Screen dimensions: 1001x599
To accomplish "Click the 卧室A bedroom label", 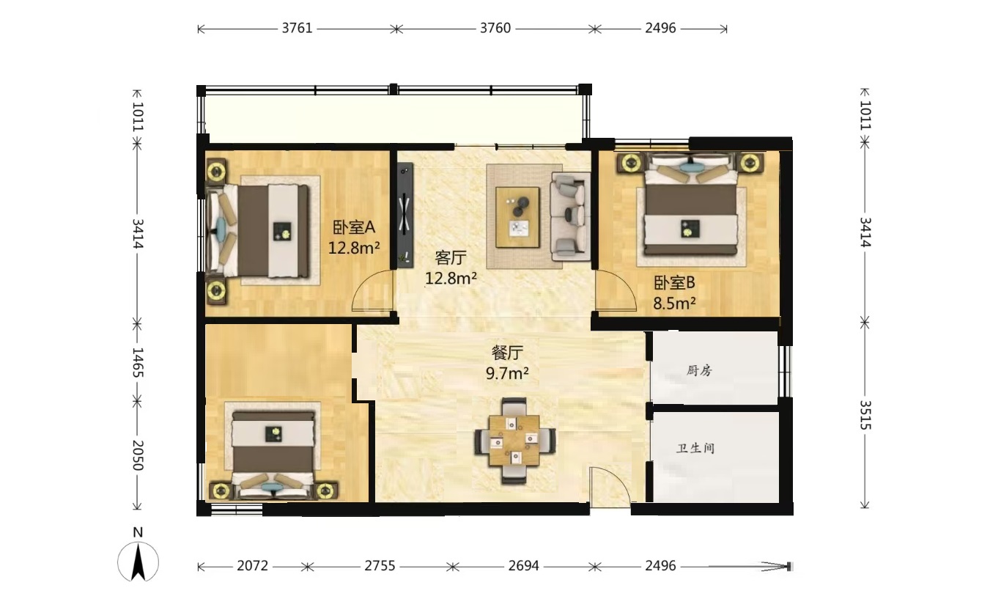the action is [354, 227].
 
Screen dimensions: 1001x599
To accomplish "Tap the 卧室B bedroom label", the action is [674, 282].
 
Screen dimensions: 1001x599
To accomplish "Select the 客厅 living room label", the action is [451, 258].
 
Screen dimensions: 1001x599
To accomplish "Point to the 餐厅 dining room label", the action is [507, 353].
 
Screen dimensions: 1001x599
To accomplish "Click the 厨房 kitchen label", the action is [699, 370].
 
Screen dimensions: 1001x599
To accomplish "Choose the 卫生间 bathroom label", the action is [695, 448].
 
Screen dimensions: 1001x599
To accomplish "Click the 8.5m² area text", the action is [674, 304].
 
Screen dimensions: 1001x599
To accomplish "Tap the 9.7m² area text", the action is [507, 372].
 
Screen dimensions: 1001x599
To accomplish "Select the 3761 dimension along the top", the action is [298, 28].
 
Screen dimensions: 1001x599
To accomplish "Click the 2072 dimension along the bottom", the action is [253, 566].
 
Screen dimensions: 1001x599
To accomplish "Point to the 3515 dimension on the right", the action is [865, 415].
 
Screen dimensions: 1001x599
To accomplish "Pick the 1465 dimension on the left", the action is [138, 362].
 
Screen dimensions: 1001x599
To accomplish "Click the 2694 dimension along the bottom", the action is [524, 566].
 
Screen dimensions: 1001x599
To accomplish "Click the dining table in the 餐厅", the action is [514, 440].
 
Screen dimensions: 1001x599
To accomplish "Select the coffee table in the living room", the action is [517, 217].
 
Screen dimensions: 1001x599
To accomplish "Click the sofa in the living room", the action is [570, 216].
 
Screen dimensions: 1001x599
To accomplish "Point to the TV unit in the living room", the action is [405, 216].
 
